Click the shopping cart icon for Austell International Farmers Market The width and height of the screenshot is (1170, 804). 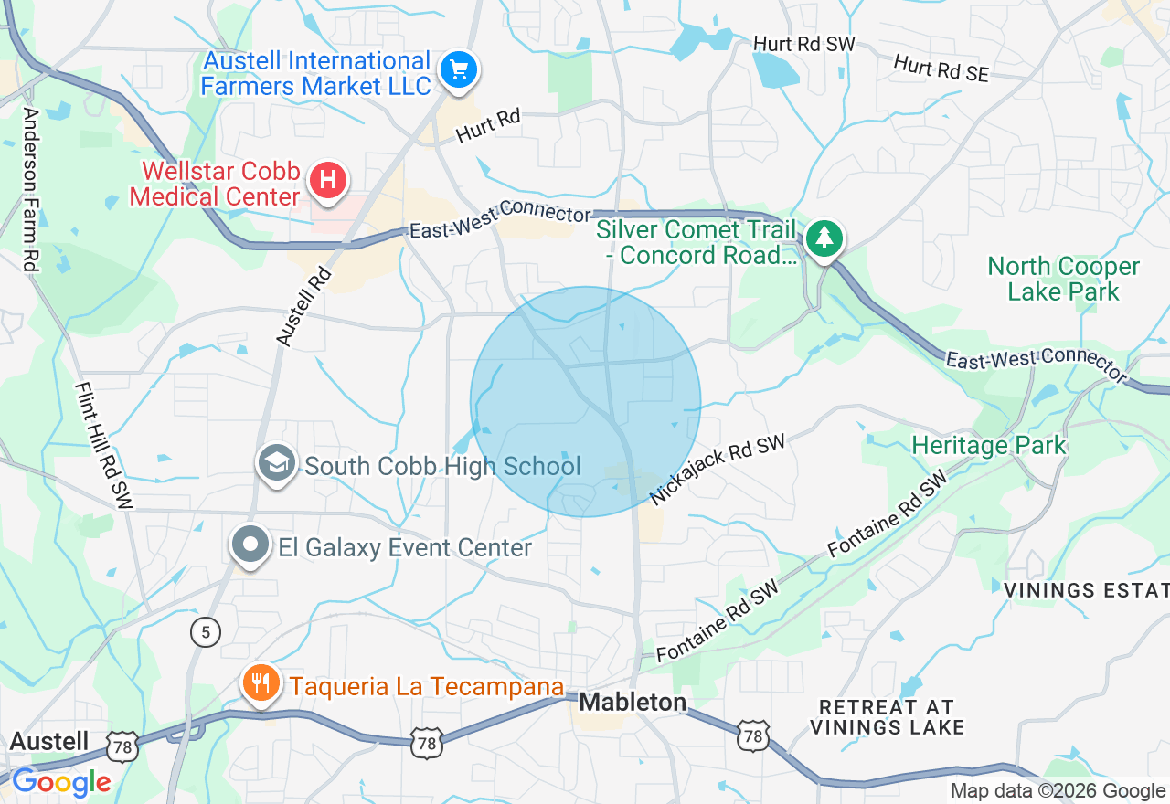[458, 70]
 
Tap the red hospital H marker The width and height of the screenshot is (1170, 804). [328, 179]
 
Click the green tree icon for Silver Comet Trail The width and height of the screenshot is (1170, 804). [825, 238]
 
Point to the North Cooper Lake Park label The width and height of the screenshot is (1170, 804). [1063, 280]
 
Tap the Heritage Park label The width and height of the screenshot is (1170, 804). [989, 446]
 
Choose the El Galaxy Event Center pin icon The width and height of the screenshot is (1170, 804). [249, 545]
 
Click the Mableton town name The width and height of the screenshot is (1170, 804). [633, 702]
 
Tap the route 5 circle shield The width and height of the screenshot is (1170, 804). [206, 631]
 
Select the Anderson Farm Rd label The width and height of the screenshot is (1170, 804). [31, 189]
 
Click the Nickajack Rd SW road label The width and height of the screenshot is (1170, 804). [718, 470]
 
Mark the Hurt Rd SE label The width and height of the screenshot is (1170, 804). [941, 69]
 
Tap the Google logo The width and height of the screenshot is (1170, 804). [61, 783]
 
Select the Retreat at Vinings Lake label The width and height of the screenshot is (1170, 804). [887, 717]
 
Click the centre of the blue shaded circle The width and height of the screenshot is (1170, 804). [585, 402]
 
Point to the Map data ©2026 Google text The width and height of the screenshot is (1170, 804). [1058, 791]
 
